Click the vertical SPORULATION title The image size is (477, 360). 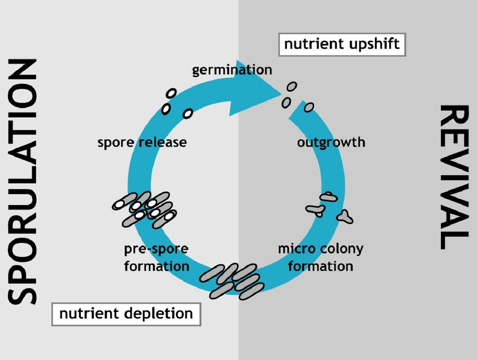click(x=22, y=181)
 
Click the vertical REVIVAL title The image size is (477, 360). click(x=454, y=177)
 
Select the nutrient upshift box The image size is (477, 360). click(x=342, y=45)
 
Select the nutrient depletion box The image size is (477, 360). click(x=126, y=314)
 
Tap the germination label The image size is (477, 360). click(x=232, y=70)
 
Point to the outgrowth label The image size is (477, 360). click(x=331, y=142)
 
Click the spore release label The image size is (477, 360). click(x=142, y=142)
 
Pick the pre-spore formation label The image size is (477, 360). click(x=156, y=257)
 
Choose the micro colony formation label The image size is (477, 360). click(x=320, y=257)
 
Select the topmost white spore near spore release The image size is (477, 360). click(x=171, y=93)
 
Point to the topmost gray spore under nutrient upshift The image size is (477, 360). click(x=292, y=87)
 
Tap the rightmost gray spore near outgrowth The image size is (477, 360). click(x=309, y=108)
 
